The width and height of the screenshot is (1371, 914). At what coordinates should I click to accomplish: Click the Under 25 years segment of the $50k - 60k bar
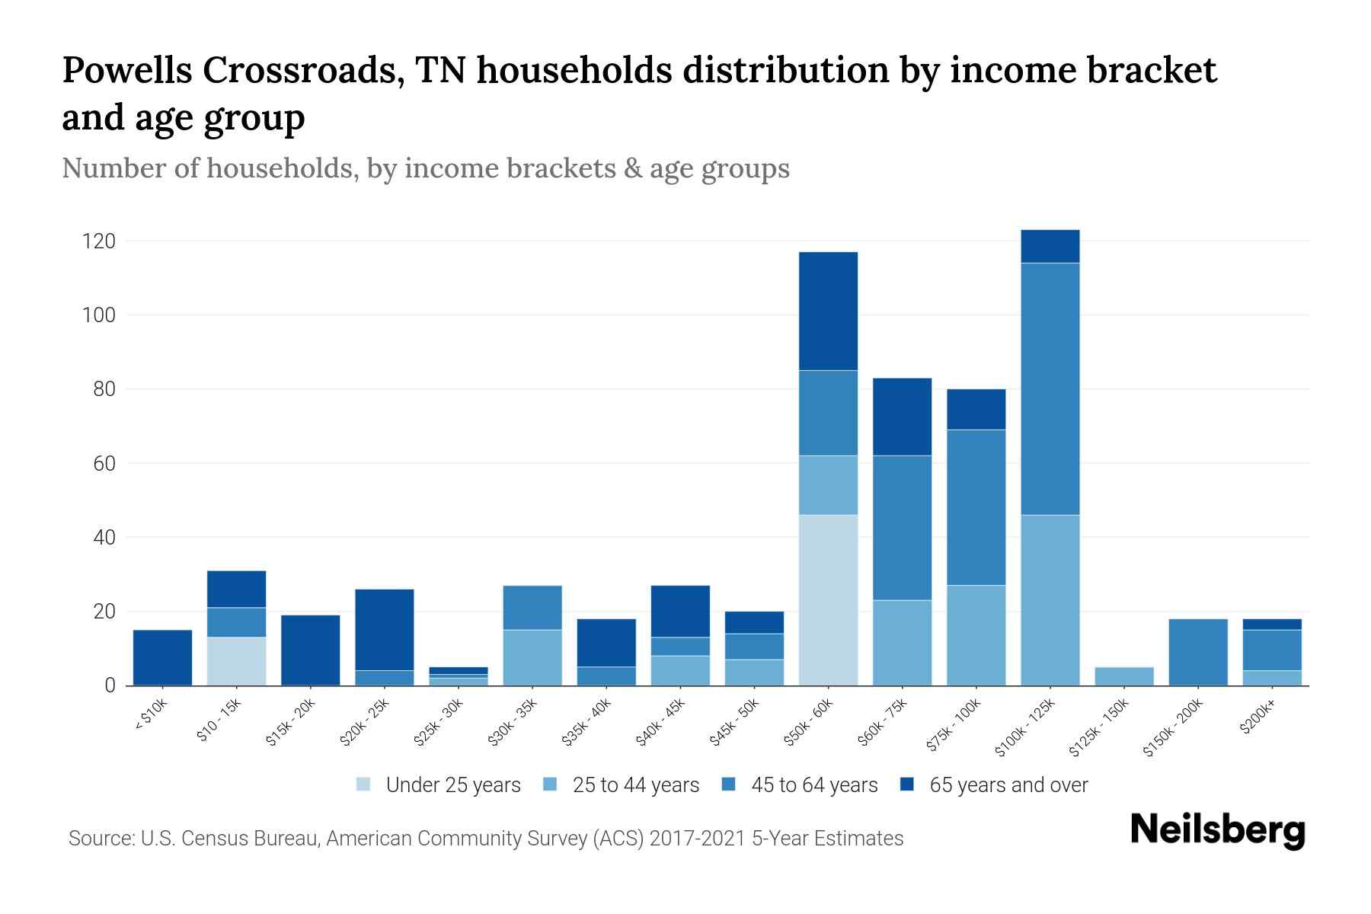click(828, 600)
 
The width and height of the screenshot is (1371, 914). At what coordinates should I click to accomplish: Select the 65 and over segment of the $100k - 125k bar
click(1050, 246)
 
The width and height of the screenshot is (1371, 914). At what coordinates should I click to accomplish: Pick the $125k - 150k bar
click(1124, 676)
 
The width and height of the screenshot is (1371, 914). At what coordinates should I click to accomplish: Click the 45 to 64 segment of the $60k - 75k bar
click(902, 528)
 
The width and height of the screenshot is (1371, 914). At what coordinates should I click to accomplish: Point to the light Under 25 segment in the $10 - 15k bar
click(236, 661)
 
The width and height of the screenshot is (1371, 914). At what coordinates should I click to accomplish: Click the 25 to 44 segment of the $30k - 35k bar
click(532, 657)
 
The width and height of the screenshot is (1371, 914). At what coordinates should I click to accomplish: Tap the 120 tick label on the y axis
click(98, 241)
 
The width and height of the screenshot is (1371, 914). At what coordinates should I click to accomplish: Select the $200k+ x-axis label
click(1256, 719)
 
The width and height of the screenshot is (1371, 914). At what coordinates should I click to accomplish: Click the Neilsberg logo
click(1217, 830)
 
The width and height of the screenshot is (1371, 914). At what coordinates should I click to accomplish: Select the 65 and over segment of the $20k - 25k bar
click(385, 630)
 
